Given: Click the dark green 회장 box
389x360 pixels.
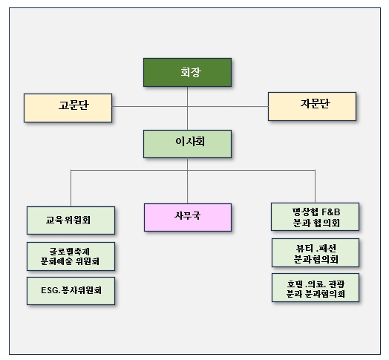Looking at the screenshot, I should (187, 72).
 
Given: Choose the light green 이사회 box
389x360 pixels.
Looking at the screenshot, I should (187, 144).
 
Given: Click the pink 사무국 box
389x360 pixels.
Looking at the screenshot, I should (187, 216).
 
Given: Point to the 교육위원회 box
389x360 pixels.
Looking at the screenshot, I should (71, 220).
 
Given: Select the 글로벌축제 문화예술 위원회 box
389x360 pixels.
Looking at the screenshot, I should (71, 256).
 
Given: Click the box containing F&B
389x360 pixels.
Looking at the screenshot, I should (316, 216).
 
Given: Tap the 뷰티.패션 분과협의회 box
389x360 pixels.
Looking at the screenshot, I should (316, 252).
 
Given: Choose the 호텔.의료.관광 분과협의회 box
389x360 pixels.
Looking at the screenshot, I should (316, 287).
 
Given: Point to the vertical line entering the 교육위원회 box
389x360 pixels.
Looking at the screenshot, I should (71, 189).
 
